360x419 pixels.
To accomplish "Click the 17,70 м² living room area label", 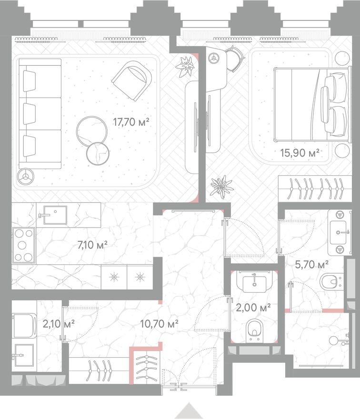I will [x=131, y=122].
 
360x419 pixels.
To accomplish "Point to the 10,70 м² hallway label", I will [x=159, y=324].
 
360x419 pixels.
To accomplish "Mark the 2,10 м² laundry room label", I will [x=59, y=324].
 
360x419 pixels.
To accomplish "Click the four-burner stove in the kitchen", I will [x=23, y=245].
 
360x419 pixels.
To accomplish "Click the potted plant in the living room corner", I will [x=183, y=67].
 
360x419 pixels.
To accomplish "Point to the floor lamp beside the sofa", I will [x=25, y=177].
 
